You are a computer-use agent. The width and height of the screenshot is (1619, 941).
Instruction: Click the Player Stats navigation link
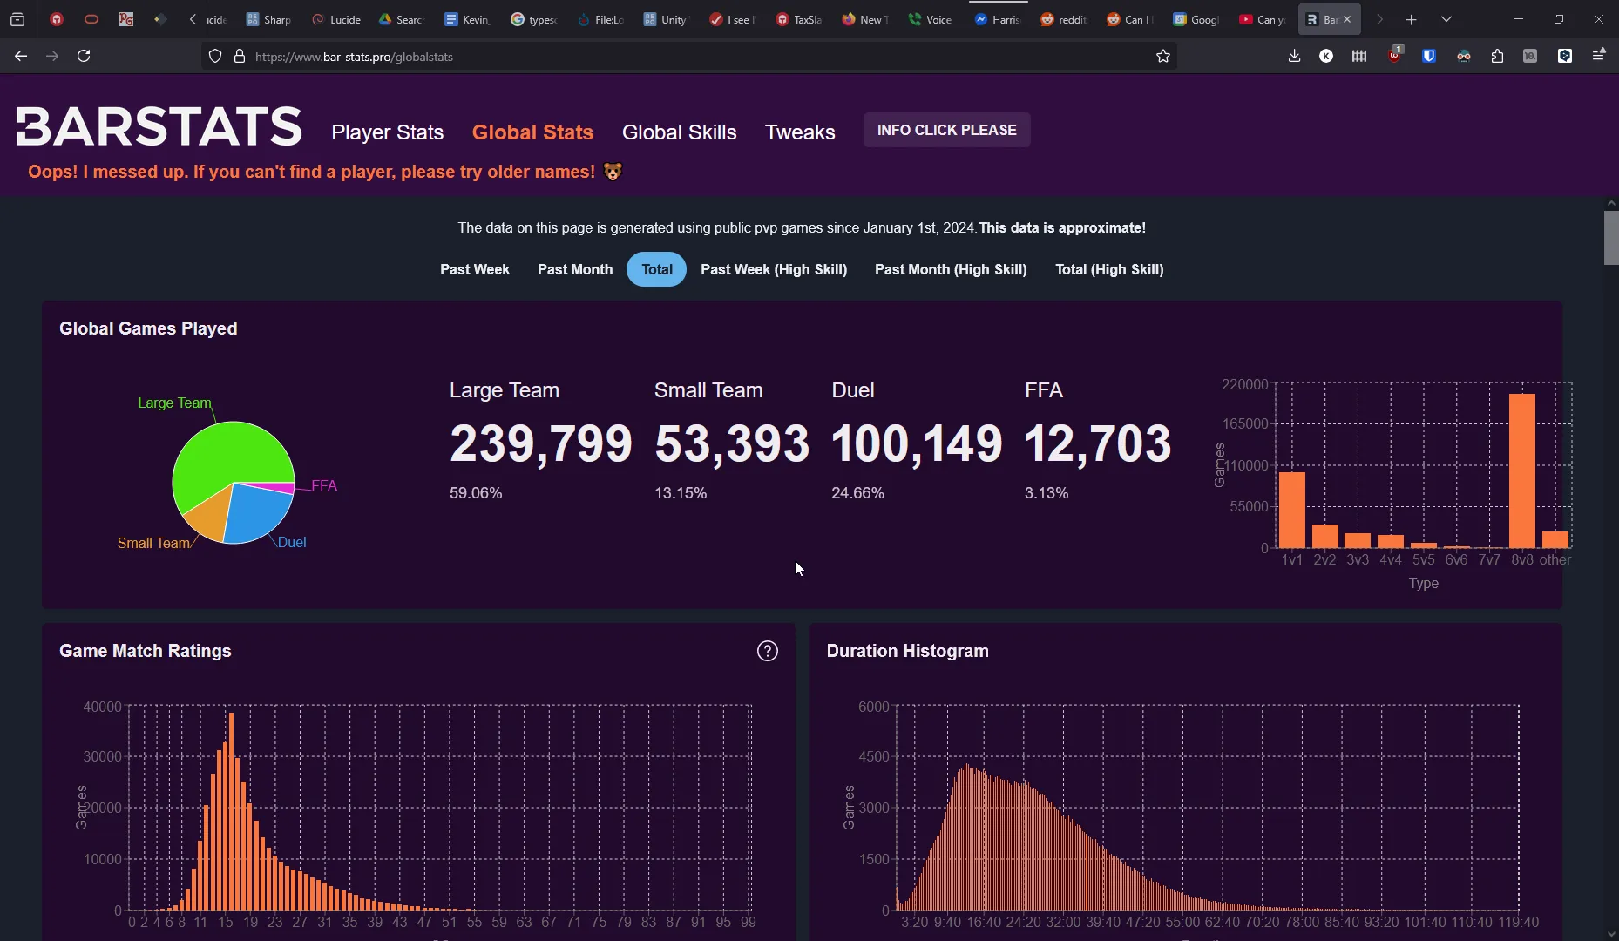[x=387, y=132]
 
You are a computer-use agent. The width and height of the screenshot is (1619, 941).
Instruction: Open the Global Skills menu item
[x=679, y=132]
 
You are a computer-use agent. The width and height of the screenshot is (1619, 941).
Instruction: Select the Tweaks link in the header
[x=799, y=132]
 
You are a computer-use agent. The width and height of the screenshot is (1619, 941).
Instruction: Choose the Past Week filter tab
[x=474, y=270]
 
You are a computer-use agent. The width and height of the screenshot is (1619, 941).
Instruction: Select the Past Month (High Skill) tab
[x=950, y=270]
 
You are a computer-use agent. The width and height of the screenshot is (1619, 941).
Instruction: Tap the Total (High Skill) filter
[x=1108, y=270]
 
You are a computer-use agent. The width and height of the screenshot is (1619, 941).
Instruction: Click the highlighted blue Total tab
[x=656, y=270]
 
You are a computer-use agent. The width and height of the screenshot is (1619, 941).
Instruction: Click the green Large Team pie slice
[x=222, y=457]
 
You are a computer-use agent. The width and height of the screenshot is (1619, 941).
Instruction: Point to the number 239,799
[x=540, y=443]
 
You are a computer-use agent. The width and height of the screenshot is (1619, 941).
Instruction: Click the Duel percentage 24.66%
[x=857, y=493]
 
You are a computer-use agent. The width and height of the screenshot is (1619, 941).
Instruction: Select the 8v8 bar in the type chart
[x=1521, y=470]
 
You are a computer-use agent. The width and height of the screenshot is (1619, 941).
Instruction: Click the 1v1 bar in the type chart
[x=1291, y=510]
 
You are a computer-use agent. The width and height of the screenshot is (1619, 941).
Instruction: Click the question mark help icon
[x=767, y=652]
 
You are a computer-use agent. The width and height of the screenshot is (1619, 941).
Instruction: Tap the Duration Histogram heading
[x=906, y=652]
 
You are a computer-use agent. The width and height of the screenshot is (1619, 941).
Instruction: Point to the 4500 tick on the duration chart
[x=873, y=757]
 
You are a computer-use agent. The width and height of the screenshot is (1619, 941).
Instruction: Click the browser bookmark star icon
[x=1162, y=57]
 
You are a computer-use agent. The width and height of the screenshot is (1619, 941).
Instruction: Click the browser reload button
[x=85, y=57]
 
